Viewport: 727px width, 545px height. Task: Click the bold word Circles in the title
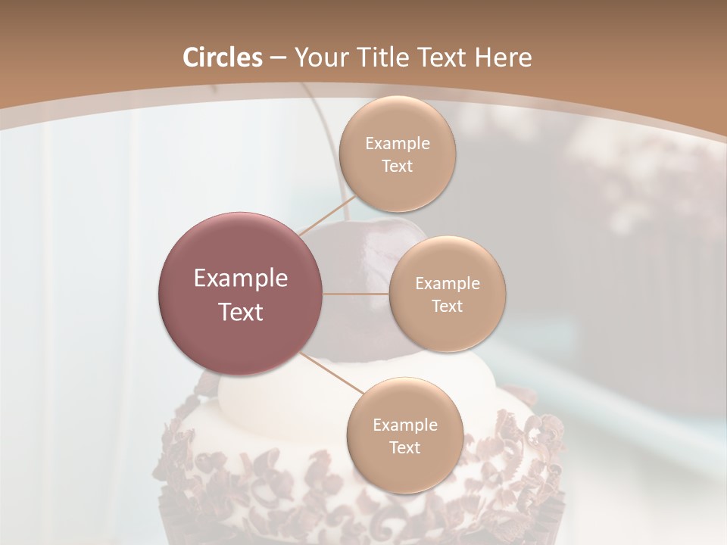(x=222, y=58)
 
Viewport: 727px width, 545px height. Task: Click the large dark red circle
(x=241, y=294)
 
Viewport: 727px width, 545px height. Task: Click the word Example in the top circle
(x=397, y=144)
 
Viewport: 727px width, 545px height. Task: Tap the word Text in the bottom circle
(x=404, y=447)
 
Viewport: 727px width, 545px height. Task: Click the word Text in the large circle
(x=241, y=311)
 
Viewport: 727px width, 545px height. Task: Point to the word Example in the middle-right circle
(x=447, y=284)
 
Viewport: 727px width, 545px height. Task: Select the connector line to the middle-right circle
(x=356, y=294)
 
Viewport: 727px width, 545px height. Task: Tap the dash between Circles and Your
(x=277, y=58)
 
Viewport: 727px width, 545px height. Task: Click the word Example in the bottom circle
(x=404, y=425)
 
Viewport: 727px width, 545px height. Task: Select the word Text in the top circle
(x=397, y=167)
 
